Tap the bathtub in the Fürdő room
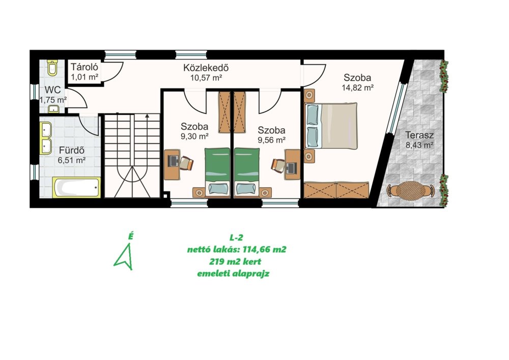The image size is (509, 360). coord(77,187)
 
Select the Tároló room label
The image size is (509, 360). coord(84,67)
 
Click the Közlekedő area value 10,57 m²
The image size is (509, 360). coord(206,78)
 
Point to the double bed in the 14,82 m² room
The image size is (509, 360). coord(331,126)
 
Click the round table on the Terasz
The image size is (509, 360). coord(410,190)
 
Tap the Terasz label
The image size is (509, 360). coord(419,135)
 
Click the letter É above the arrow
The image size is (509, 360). coord(130,237)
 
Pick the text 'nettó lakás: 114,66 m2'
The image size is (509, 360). coord(237,250)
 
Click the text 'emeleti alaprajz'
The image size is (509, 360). coord(234,273)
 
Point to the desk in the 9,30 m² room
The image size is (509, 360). coord(172,164)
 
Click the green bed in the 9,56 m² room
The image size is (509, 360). coord(247,173)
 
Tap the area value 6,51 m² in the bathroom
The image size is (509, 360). coord(71,160)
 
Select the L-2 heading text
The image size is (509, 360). coord(236,238)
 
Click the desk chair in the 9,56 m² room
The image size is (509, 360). coord(278,164)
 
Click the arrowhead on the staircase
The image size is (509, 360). coord(147,116)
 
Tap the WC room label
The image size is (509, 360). coord(52,90)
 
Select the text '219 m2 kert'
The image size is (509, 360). coord(235,262)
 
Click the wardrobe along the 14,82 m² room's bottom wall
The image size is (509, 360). coord(336,190)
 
